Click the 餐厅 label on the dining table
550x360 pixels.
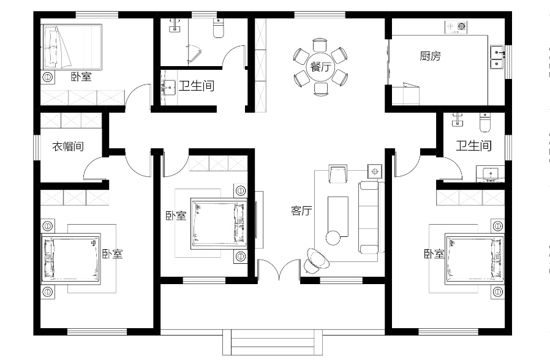[320, 67]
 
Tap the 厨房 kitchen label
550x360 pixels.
[431, 56]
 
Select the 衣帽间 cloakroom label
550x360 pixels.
[68, 146]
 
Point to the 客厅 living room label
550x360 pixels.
[301, 211]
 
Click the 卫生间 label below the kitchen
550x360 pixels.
[473, 146]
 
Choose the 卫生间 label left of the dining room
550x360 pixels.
[197, 86]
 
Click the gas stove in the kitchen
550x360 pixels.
[456, 28]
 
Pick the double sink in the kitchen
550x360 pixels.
[497, 57]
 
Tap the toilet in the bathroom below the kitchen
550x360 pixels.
[484, 122]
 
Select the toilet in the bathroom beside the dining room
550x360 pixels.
[219, 28]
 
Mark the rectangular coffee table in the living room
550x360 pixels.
[338, 216]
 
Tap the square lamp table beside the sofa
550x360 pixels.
[375, 171]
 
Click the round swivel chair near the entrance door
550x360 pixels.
[317, 260]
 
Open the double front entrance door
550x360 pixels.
[279, 269]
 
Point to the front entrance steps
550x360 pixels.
[273, 342]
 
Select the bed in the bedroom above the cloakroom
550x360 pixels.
[72, 47]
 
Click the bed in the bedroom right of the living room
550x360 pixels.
[475, 260]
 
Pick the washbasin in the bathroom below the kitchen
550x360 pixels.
[490, 173]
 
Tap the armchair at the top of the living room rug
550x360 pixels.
[338, 173]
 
